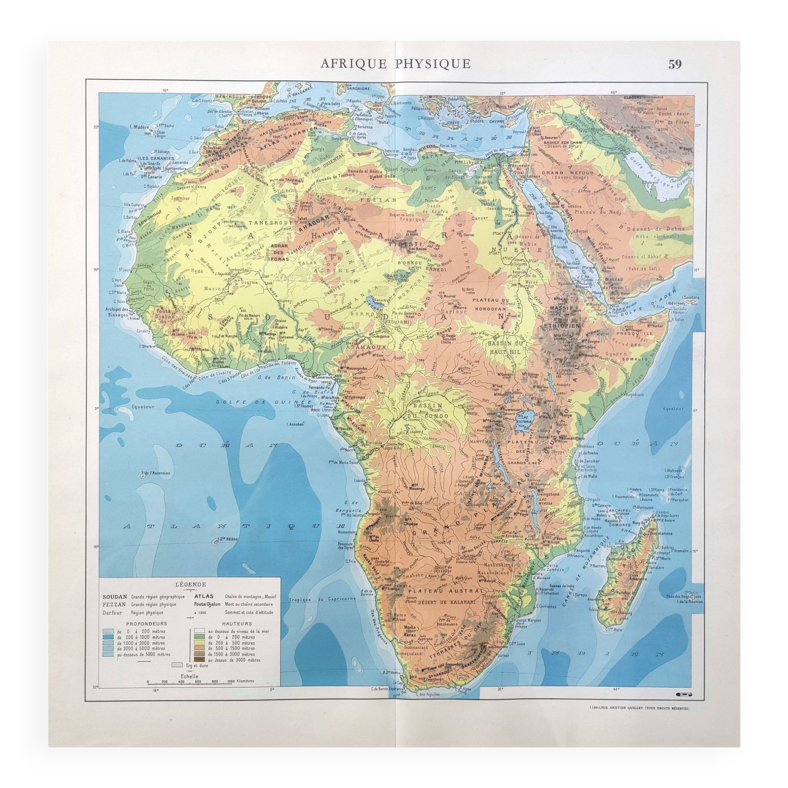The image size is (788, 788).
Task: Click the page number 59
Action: click(x=675, y=64)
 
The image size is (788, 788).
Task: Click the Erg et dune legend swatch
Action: click(x=177, y=665)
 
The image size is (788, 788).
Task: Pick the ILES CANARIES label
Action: click(x=155, y=158)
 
